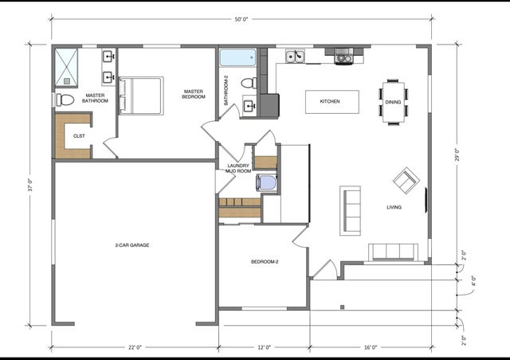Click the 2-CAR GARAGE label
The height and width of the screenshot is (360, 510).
[132, 245]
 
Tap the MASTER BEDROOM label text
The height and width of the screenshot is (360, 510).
[193, 94]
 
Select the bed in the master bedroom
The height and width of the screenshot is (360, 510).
[141, 96]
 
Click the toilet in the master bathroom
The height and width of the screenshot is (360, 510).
[65, 100]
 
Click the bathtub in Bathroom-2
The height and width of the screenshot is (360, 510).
[237, 58]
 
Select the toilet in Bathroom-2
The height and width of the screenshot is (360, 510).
[248, 82]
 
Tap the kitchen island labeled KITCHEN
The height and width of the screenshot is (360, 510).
[331, 102]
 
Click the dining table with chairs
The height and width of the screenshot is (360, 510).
[394, 101]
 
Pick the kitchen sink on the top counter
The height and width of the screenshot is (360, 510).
[295, 56]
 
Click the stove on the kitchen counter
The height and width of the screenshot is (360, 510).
[343, 56]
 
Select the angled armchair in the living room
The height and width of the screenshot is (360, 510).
[406, 181]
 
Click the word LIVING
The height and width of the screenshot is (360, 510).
[394, 208]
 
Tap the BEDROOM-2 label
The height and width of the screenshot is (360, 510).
[264, 262]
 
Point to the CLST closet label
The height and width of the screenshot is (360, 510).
[79, 136]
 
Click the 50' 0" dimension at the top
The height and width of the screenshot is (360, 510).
[241, 17]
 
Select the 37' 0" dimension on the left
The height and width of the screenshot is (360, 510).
[31, 186]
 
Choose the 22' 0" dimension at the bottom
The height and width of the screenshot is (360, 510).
[134, 347]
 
